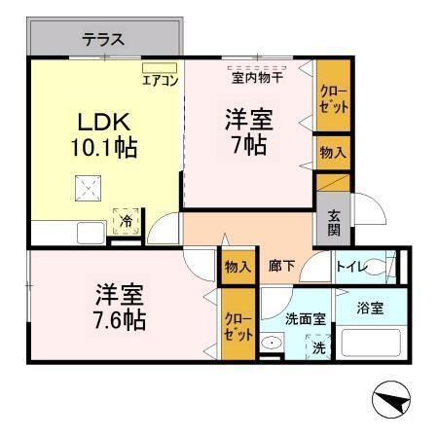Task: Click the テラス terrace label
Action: point(103,40)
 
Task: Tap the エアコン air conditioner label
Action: point(160,80)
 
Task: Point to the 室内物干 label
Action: point(257,76)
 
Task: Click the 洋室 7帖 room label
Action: point(248,132)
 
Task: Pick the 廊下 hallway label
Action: point(281,266)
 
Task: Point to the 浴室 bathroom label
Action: point(369,308)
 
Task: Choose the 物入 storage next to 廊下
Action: point(237,265)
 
